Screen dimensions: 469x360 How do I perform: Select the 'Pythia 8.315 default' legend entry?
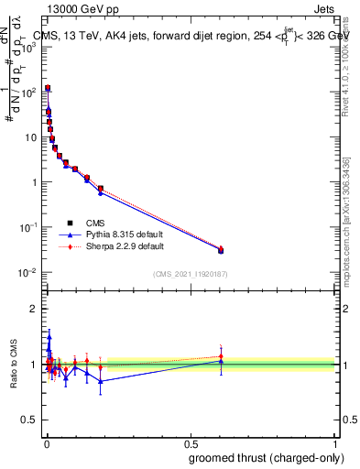(115, 234)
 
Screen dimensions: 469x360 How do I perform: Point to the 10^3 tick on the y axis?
(29, 48)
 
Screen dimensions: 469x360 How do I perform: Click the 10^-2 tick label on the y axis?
(29, 272)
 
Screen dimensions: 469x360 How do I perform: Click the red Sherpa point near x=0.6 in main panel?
(220, 248)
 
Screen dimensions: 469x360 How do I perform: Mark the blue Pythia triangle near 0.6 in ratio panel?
(220, 361)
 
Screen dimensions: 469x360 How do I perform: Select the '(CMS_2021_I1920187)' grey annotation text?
(190, 274)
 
